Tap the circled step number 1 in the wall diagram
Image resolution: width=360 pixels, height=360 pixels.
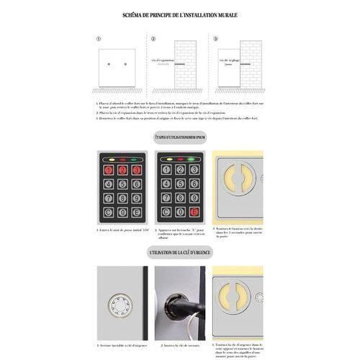(x=98, y=39)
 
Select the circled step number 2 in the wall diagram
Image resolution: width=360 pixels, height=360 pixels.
(x=153, y=39)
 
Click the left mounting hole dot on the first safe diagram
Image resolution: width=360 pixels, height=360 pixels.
(x=109, y=65)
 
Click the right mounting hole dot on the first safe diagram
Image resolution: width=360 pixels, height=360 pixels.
(x=125, y=65)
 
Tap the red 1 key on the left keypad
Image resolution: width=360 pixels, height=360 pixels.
(x=109, y=171)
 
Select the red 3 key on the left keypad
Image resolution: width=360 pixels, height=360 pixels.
(x=136, y=171)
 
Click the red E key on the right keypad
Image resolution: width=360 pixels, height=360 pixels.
(x=194, y=212)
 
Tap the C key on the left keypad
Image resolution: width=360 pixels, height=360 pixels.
(x=109, y=212)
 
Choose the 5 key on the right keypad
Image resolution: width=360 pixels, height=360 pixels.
(x=181, y=184)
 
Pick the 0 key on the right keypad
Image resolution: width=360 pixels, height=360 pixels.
(x=181, y=212)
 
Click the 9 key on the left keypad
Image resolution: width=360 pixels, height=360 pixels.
(x=136, y=198)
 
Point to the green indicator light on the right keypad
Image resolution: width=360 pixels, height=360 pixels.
(x=190, y=158)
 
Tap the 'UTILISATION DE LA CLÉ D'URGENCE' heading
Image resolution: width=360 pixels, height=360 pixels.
(x=180, y=253)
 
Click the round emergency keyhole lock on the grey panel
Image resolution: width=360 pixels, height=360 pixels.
(x=120, y=305)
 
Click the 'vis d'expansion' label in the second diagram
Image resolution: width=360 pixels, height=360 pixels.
(x=163, y=60)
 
